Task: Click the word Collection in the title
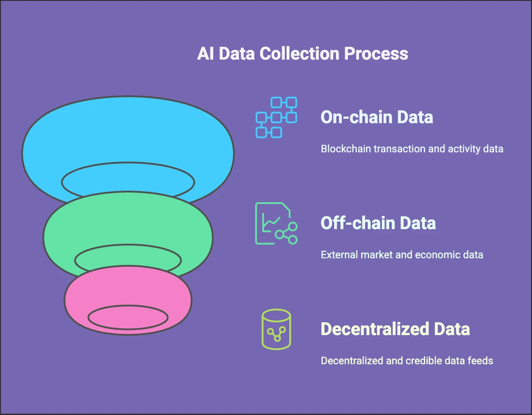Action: click(x=299, y=53)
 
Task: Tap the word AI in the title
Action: click(x=205, y=53)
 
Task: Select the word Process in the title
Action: click(x=376, y=53)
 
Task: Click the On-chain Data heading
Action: click(x=377, y=117)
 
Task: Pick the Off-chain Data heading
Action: click(x=378, y=223)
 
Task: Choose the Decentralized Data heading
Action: click(x=395, y=329)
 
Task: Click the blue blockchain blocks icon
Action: click(x=276, y=117)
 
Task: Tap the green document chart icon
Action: click(x=276, y=223)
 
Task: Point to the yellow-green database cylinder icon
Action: click(x=276, y=329)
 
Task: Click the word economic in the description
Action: click(x=439, y=255)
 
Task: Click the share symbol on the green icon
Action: click(x=286, y=234)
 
